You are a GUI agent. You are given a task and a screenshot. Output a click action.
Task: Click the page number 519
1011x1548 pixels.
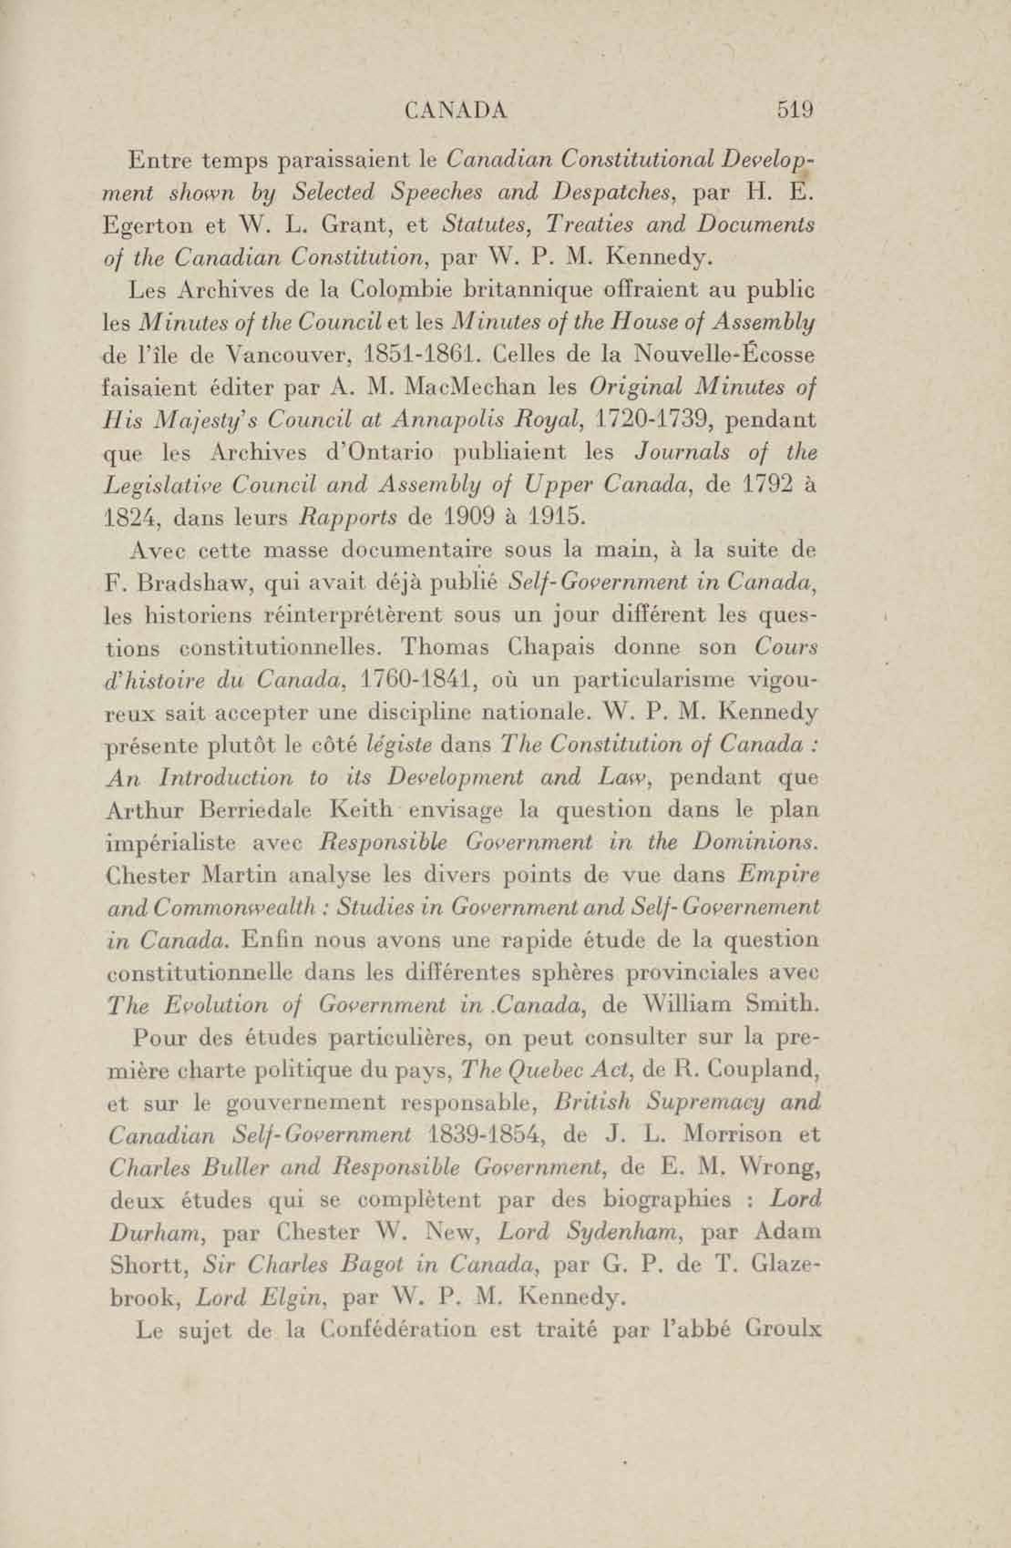(x=795, y=109)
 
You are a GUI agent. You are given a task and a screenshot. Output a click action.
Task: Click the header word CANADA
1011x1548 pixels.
(x=456, y=110)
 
